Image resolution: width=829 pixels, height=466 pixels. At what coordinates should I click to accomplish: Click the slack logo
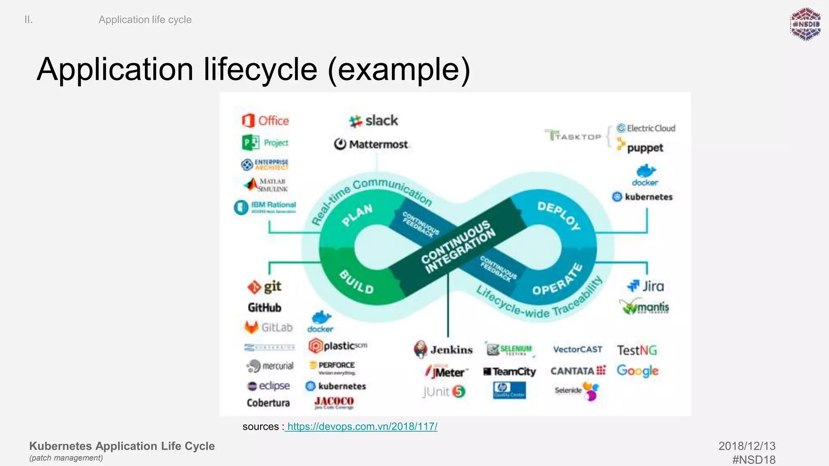point(374,121)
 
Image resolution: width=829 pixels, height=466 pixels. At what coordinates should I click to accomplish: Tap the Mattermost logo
point(371,144)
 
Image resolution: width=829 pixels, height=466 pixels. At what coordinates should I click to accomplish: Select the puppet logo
point(640,146)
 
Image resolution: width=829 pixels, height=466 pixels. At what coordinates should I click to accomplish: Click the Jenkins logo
point(443,349)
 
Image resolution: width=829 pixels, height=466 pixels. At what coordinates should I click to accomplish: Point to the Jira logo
point(646,286)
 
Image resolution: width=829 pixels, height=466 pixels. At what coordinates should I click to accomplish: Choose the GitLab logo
point(269,327)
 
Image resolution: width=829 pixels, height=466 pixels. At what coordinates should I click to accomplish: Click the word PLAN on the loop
point(357,215)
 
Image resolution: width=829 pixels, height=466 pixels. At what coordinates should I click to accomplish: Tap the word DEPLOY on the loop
point(559,216)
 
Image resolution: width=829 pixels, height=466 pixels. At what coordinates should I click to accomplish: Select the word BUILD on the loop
point(356,282)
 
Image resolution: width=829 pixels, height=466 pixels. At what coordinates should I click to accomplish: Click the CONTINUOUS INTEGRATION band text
point(458,247)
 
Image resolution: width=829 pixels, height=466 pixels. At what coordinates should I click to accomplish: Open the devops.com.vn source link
point(361,426)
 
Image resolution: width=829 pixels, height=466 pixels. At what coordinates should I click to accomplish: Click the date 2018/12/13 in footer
point(746,446)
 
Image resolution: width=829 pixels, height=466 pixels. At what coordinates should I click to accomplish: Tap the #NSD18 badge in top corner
point(805,24)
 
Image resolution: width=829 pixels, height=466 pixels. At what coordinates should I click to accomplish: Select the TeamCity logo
point(510,371)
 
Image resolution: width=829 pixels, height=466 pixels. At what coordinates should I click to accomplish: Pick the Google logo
point(637,371)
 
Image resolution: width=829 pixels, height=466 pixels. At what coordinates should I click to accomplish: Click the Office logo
point(265,121)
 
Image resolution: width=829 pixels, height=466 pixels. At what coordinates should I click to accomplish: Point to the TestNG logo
point(637,350)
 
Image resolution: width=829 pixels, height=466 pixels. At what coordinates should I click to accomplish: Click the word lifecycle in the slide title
point(260,70)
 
